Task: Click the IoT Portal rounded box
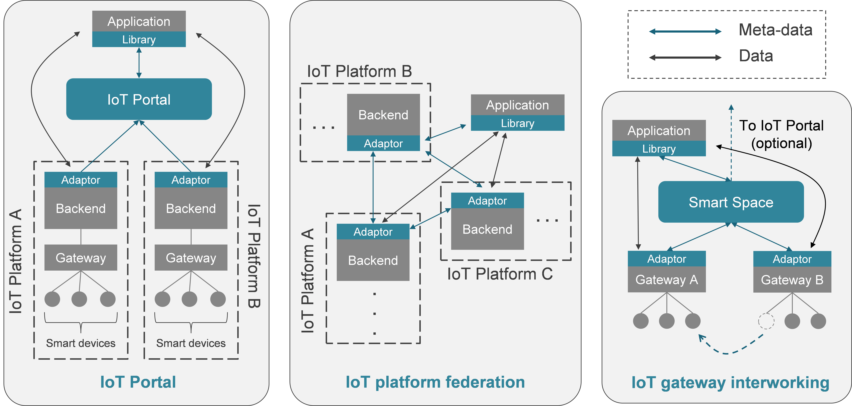pyautogui.click(x=139, y=99)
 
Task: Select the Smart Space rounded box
pyautogui.click(x=731, y=202)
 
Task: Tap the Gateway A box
pyautogui.click(x=667, y=280)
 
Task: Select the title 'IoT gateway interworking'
pyautogui.click(x=730, y=383)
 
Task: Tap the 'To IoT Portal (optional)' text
pyautogui.click(x=781, y=134)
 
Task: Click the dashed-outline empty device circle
pyautogui.click(x=766, y=321)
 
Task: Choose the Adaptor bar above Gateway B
pyautogui.click(x=792, y=259)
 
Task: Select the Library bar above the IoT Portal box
pyautogui.click(x=139, y=39)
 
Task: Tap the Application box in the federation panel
pyautogui.click(x=517, y=105)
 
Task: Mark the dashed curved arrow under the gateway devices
pyautogui.click(x=728, y=350)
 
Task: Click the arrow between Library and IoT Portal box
pyautogui.click(x=139, y=63)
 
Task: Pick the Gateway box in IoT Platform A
pyautogui.click(x=81, y=258)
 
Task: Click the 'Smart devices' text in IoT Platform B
pyautogui.click(x=191, y=343)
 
